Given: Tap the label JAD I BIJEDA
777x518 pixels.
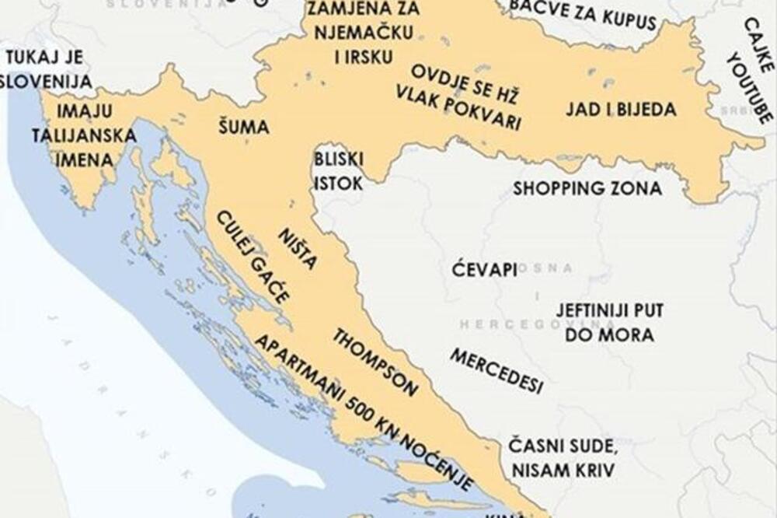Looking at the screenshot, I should [620, 109].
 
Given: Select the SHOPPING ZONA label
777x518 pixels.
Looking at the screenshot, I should [587, 188].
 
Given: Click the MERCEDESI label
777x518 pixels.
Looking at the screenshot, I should [496, 372].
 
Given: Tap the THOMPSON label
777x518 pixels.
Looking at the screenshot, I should [375, 362].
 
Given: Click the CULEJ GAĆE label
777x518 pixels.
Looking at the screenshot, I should [253, 257].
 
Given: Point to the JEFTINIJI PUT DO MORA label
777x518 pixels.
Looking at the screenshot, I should [609, 323].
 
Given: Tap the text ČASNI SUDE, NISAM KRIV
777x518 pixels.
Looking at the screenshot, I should [562, 458].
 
